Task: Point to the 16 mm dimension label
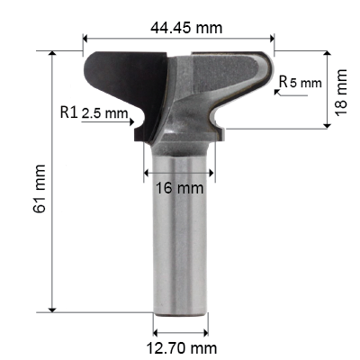(x=178, y=188)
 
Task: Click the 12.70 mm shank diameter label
(x=181, y=346)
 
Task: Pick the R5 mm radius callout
(x=300, y=83)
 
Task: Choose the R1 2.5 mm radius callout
(x=100, y=113)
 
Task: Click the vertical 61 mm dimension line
(x=55, y=180)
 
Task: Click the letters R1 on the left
(x=69, y=113)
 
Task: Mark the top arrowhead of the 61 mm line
(x=55, y=52)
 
